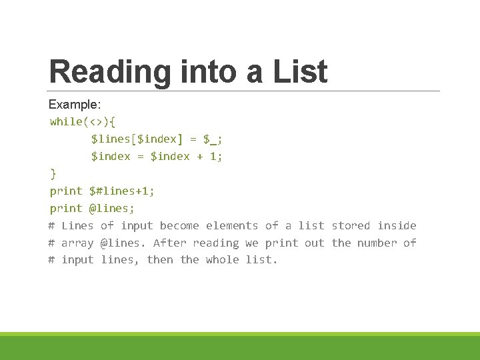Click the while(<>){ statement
click(x=83, y=121)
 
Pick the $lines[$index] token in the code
click(x=134, y=139)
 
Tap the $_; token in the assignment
click(x=213, y=139)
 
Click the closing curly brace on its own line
click(x=53, y=173)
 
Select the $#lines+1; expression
click(x=121, y=191)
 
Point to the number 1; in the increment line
click(x=216, y=156)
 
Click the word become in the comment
click(x=179, y=225)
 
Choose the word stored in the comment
click(x=351, y=225)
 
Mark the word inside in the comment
click(x=397, y=225)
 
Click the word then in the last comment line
click(x=160, y=260)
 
